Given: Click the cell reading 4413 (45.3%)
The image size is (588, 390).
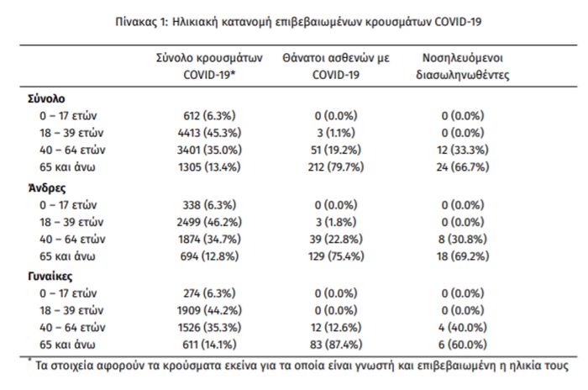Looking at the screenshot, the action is pyautogui.click(x=209, y=133).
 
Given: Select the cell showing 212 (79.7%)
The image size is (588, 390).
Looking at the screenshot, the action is pyautogui.click(x=336, y=167).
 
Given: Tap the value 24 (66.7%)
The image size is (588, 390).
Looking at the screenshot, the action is pyautogui.click(x=463, y=167).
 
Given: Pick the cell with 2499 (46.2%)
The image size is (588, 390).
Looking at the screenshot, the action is pyautogui.click(x=209, y=222).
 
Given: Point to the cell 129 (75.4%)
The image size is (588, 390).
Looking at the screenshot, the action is pyautogui.click(x=336, y=256).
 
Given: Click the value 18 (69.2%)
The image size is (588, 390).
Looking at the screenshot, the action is pyautogui.click(x=463, y=256).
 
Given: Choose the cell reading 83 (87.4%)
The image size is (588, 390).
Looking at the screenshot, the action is pyautogui.click(x=336, y=345).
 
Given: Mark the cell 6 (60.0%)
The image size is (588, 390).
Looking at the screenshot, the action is pyautogui.click(x=463, y=345).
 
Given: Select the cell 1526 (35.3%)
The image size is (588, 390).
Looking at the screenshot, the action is pyautogui.click(x=209, y=327).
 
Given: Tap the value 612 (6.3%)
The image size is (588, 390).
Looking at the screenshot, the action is pyautogui.click(x=209, y=116).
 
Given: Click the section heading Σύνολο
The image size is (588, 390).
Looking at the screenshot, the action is pyautogui.click(x=46, y=98).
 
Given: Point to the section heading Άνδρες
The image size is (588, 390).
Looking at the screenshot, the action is pyautogui.click(x=47, y=187).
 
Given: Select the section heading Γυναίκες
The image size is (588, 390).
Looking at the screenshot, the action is pyautogui.click(x=50, y=277).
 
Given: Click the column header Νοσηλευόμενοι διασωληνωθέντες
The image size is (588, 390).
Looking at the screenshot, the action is pyautogui.click(x=463, y=66).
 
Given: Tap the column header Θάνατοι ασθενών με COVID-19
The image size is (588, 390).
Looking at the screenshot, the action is pyautogui.click(x=336, y=66).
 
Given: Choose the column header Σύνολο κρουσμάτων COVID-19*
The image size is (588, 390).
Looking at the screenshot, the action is pyautogui.click(x=209, y=66).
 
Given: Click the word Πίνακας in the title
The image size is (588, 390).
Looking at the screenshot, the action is pyautogui.click(x=135, y=22).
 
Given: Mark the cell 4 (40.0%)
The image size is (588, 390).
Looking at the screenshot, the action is pyautogui.click(x=463, y=327).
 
